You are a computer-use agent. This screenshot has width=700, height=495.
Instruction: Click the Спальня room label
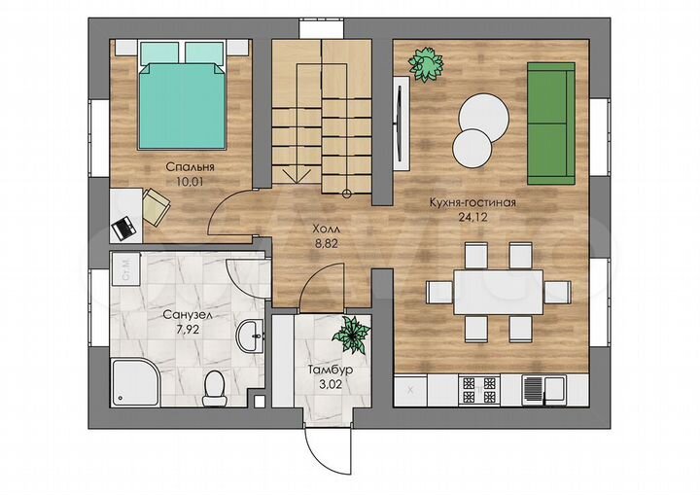190,167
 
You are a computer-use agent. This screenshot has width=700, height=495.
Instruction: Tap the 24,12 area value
472,217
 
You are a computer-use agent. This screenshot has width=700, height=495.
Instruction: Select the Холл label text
326,230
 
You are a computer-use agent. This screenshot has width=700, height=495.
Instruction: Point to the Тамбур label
331,370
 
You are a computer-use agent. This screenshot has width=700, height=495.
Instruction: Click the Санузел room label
188,315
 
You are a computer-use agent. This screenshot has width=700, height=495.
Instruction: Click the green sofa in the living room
551,124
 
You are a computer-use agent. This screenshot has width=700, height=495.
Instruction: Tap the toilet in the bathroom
215,389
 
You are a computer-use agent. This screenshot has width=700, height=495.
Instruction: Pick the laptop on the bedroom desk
124,229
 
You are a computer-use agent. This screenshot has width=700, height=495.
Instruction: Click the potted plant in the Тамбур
352,335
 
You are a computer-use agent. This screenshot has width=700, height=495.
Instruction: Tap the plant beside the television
426,64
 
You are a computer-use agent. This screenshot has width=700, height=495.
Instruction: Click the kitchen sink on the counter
543,390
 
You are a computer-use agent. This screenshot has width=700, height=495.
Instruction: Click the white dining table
499,292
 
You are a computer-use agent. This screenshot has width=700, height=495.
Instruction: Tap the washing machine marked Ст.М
125,268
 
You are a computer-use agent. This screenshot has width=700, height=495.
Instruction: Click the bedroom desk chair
156,206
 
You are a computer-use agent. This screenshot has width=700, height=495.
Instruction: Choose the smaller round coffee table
472,149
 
